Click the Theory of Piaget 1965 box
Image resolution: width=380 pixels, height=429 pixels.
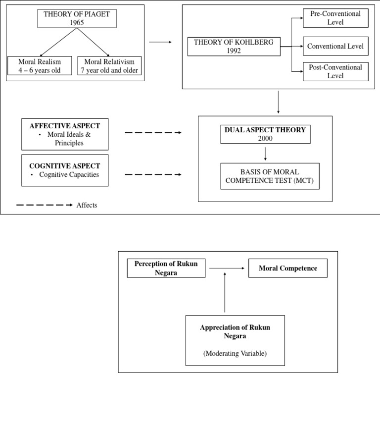pyautogui.click(x=77, y=18)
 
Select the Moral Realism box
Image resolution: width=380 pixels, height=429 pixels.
pyautogui.click(x=40, y=65)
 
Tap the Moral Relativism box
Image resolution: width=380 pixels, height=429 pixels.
pyautogui.click(x=109, y=65)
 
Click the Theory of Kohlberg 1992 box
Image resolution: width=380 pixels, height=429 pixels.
pyautogui.click(x=234, y=46)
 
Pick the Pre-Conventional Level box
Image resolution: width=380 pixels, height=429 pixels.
pyautogui.click(x=335, y=18)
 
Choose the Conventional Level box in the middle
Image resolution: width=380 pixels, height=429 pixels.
pyautogui.click(x=335, y=46)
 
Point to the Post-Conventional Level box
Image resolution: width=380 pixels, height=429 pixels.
pyautogui.click(x=335, y=71)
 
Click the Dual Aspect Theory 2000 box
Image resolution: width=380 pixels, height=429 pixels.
pyautogui.click(x=265, y=134)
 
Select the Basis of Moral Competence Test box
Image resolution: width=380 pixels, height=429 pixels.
pyautogui.click(x=270, y=176)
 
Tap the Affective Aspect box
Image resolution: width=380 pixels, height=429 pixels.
pyautogui.click(x=65, y=134)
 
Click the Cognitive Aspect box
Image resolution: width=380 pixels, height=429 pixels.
pyautogui.click(x=65, y=170)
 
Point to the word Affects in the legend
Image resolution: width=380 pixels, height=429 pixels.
pyautogui.click(x=87, y=205)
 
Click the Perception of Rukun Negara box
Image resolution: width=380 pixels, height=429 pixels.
pyautogui.click(x=166, y=268)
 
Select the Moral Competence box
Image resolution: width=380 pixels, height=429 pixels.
pyautogui.click(x=287, y=268)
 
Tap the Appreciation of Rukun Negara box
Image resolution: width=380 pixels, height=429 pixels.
pyautogui.click(x=235, y=332)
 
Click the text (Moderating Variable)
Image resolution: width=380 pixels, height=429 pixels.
pyautogui.click(x=235, y=353)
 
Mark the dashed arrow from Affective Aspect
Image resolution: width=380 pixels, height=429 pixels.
pyautogui.click(x=153, y=133)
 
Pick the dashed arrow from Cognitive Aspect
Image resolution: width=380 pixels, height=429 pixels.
pyautogui.click(x=153, y=174)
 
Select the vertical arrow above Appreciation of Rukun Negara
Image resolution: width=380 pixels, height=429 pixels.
pyautogui.click(x=225, y=292)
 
